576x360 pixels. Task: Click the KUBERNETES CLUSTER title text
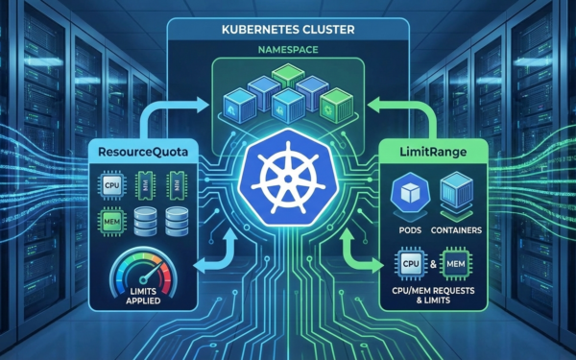pyautogui.click(x=288, y=30)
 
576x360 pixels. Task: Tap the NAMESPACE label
pyautogui.click(x=288, y=50)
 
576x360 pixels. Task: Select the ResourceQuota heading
pyautogui.click(x=143, y=152)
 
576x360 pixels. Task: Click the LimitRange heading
pyautogui.click(x=433, y=152)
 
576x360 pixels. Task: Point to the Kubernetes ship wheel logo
pyautogui.click(x=288, y=179)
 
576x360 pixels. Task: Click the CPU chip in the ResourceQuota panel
pyautogui.click(x=112, y=184)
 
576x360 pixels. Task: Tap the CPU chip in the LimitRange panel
pyautogui.click(x=411, y=263)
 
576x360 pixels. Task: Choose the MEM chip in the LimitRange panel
pyautogui.click(x=456, y=263)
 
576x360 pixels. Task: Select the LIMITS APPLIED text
pyautogui.click(x=143, y=296)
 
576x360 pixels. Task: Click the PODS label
pyautogui.click(x=410, y=230)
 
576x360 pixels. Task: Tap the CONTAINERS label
pyautogui.click(x=456, y=230)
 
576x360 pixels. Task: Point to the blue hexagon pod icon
pyautogui.click(x=410, y=193)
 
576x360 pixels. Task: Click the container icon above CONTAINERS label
pyautogui.click(x=456, y=192)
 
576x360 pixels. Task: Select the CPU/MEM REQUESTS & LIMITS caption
pyautogui.click(x=434, y=296)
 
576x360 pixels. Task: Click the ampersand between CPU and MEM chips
pyautogui.click(x=434, y=264)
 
